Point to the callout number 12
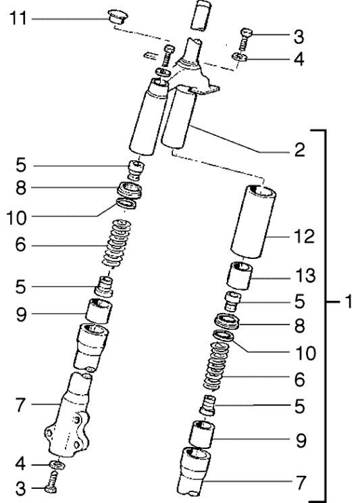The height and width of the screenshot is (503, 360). pos(303,238)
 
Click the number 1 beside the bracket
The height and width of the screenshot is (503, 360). pos(346,302)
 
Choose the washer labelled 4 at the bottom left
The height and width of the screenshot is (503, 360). pos(57,465)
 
